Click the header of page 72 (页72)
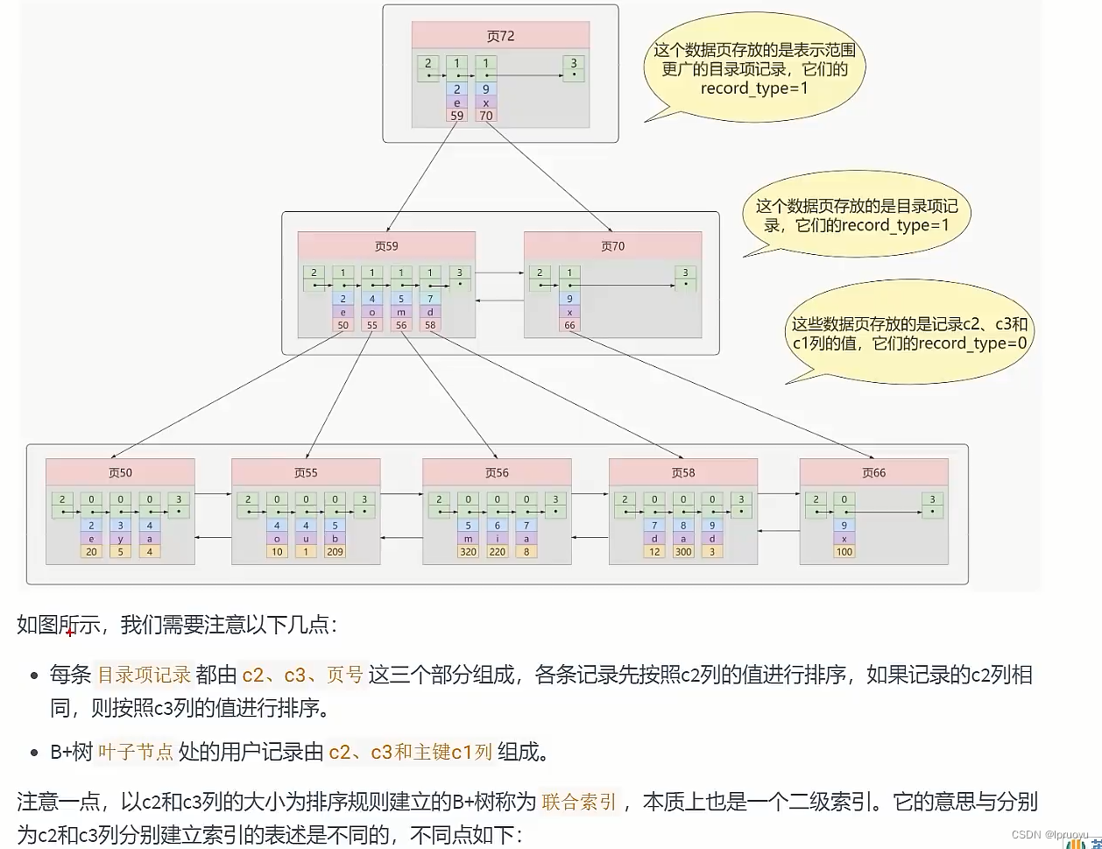pyautogui.click(x=500, y=36)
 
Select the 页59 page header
pyautogui.click(x=386, y=246)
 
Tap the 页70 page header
pyautogui.click(x=612, y=246)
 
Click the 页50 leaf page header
pyautogui.click(x=120, y=472)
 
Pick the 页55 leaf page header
pyautogui.click(x=306, y=472)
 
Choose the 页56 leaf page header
pyautogui.click(x=497, y=472)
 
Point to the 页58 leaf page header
pyautogui.click(x=683, y=472)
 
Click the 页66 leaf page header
pyautogui.click(x=873, y=472)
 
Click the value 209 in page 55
pyautogui.click(x=335, y=552)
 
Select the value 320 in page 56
pyautogui.click(x=467, y=552)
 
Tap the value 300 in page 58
pyautogui.click(x=683, y=552)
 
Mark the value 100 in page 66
pyautogui.click(x=844, y=552)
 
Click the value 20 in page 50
pyautogui.click(x=91, y=552)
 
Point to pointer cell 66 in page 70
pyautogui.click(x=569, y=326)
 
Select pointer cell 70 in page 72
pyautogui.click(x=486, y=115)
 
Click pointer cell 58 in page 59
pyautogui.click(x=430, y=326)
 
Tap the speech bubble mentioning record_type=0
pyautogui.click(x=908, y=334)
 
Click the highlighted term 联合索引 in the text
pyautogui.click(x=580, y=802)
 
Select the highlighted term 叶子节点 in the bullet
pyautogui.click(x=135, y=752)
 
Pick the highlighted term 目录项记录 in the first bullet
pyautogui.click(x=144, y=675)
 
